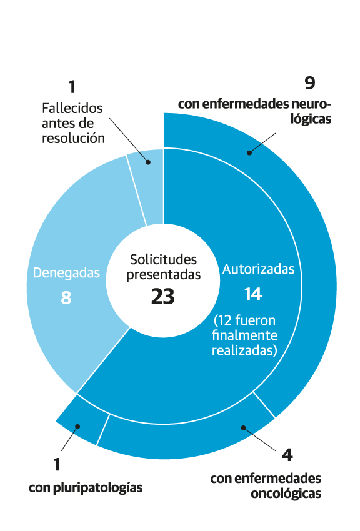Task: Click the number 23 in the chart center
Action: tap(163, 297)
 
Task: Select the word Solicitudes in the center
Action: tap(164, 260)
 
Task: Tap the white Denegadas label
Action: tap(66, 273)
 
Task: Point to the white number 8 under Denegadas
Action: tap(66, 297)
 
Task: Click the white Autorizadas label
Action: tap(258, 269)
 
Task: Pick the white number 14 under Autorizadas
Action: tap(253, 294)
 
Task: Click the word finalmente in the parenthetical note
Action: tap(244, 335)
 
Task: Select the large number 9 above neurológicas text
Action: tap(310, 83)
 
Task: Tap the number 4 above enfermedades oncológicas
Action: tap(287, 455)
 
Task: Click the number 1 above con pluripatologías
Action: tap(57, 464)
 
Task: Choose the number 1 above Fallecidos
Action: tap(72, 87)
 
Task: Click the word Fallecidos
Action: tap(72, 108)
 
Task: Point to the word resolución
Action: tap(73, 138)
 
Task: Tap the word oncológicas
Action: tap(286, 494)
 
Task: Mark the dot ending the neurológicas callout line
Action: tap(249, 152)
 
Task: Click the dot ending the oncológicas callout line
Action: tap(243, 428)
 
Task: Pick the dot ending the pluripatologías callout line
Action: tap(77, 427)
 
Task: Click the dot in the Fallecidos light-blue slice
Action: tap(148, 162)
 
